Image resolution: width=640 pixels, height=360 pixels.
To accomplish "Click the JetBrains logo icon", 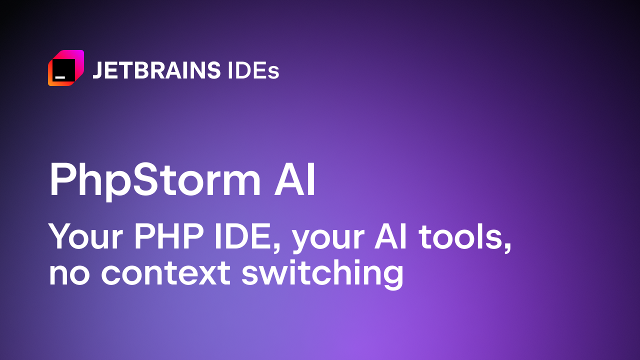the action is pos(66,68).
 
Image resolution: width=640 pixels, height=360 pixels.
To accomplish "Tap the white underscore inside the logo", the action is pos(60,77).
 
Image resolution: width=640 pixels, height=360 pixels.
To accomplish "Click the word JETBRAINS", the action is pos(156,70).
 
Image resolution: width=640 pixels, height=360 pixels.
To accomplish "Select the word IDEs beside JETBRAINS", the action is pos(253,70).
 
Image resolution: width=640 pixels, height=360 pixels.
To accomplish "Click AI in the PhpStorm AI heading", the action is pos(294,179).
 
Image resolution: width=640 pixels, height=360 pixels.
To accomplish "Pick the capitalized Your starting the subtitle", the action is pos(85,237).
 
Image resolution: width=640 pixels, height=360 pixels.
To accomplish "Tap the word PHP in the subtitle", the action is pos(169,236).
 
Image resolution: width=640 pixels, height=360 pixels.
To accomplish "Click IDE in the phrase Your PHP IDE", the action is pos(243,236).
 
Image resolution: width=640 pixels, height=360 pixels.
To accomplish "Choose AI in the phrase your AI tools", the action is pos(390,236).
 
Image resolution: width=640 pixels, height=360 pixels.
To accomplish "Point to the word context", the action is pos(165,272).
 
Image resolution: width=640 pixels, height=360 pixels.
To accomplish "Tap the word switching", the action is pos(322,274).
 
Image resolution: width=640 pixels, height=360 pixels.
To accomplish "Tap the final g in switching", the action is pos(393,277).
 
